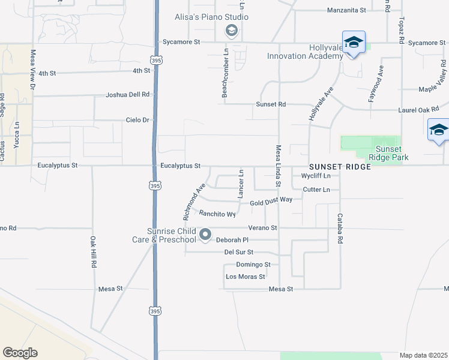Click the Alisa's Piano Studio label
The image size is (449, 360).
click(211, 17)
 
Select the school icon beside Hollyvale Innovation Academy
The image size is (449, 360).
click(354, 43)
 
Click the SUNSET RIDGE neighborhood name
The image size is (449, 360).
click(340, 166)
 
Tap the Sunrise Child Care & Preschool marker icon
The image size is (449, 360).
click(205, 235)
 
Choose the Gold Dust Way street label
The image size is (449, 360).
click(271, 203)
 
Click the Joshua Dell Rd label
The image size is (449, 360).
click(127, 95)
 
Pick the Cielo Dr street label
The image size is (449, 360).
click(137, 120)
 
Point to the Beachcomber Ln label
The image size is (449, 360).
click(224, 82)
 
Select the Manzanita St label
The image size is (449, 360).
click(346, 10)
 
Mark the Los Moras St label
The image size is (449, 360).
click(245, 277)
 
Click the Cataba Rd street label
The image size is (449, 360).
click(340, 228)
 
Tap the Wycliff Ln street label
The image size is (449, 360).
click(316, 176)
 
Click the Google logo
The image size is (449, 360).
click(20, 353)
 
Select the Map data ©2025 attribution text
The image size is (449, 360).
click(423, 355)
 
